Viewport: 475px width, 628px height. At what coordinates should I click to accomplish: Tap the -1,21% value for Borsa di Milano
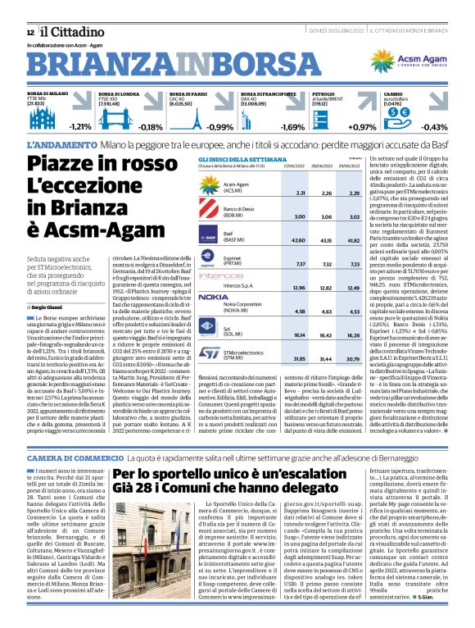tap(79, 127)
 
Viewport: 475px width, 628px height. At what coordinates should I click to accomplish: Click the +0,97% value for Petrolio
tap(362, 127)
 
